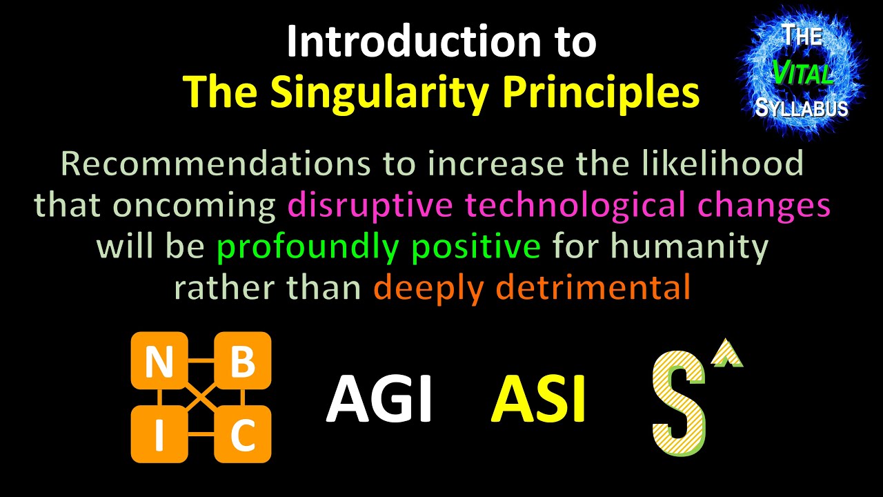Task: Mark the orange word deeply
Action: click(425, 288)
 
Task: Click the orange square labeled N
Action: click(159, 361)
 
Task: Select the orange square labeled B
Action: click(243, 361)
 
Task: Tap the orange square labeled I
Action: click(159, 434)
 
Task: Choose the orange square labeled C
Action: click(243, 434)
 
